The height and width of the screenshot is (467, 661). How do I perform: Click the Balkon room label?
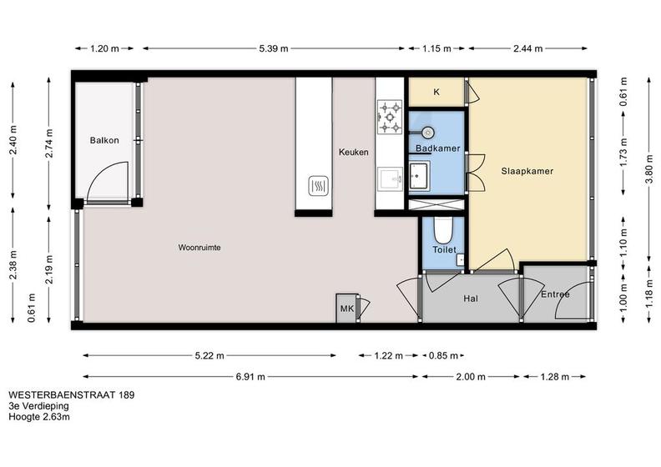click(104, 140)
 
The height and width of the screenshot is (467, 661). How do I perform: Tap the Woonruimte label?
click(199, 248)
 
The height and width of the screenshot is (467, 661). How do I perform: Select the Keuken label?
click(353, 152)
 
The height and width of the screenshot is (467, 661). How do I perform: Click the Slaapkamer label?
click(527, 171)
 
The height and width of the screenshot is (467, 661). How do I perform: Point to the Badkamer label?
click(437, 148)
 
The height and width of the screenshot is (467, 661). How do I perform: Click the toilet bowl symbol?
click(443, 229)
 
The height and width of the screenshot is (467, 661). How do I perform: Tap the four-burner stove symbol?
click(390, 117)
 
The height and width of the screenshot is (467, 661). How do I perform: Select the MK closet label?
click(347, 309)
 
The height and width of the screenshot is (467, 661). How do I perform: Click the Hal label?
click(471, 299)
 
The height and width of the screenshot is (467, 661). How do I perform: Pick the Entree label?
click(555, 294)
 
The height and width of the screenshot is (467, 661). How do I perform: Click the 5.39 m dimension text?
click(274, 48)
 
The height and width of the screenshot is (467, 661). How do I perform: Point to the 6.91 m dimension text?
click(250, 376)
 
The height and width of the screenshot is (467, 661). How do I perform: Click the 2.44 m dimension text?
click(527, 48)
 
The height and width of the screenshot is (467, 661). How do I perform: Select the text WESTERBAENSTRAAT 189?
click(72, 395)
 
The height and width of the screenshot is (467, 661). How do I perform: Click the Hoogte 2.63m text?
click(39, 417)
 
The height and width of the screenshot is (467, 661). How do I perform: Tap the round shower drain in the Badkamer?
click(427, 133)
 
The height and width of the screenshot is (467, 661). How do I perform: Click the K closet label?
click(436, 92)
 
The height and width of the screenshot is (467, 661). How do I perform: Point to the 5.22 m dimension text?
click(209, 356)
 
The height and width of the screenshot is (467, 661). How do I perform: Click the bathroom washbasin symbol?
click(419, 176)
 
